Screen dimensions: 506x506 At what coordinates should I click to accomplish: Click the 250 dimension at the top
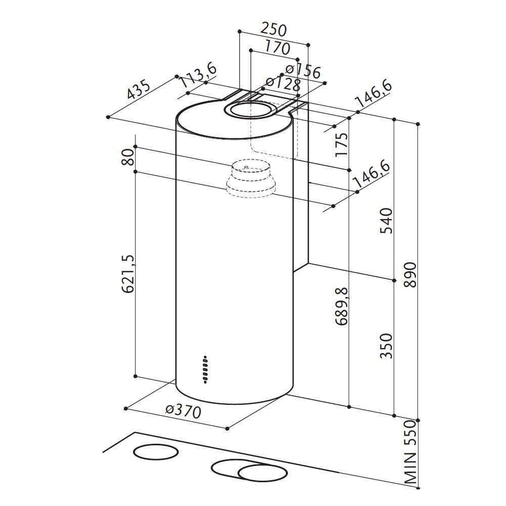click(273, 29)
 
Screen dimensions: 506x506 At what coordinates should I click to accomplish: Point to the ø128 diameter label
click(283, 83)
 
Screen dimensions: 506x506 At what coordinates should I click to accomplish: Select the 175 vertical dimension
click(342, 144)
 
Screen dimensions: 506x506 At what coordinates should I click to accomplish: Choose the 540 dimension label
click(387, 221)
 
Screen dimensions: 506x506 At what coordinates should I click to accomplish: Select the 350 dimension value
click(387, 346)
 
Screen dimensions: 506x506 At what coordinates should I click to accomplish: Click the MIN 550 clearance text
click(410, 453)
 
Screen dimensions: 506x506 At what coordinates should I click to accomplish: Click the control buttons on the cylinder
click(205, 368)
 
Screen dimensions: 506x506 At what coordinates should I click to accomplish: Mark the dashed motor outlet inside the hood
click(250, 179)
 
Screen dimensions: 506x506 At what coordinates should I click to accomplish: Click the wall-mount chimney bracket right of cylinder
click(302, 213)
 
